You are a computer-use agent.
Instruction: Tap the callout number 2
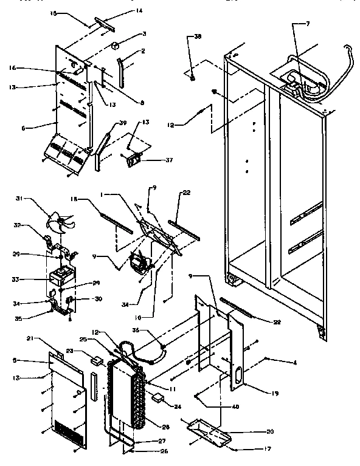pyautogui.click(x=142, y=51)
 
